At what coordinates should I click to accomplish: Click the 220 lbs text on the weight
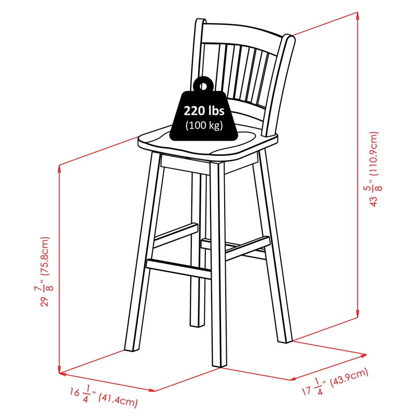[x=204, y=111]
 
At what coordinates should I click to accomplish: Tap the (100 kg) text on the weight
[x=204, y=125]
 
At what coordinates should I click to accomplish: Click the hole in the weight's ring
[x=203, y=86]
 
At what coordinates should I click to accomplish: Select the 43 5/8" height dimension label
[x=373, y=195]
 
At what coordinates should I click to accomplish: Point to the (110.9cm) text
[x=373, y=154]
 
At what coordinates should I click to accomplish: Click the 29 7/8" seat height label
[x=44, y=296]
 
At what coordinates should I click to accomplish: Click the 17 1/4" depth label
[x=314, y=387]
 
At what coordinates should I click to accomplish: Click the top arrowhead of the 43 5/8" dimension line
[x=358, y=16]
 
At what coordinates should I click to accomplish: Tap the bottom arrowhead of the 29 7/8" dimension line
[x=59, y=370]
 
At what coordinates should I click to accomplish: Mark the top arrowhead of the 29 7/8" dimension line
[x=59, y=168]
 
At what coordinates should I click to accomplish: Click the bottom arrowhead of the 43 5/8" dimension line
[x=358, y=314]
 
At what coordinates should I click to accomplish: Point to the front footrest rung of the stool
[x=179, y=268]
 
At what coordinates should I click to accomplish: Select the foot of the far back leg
[x=197, y=324]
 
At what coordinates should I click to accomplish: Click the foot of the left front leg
[x=132, y=349]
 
